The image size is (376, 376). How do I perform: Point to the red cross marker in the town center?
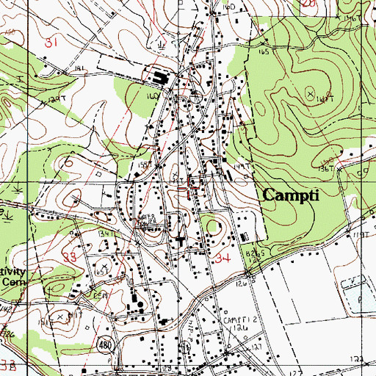(194, 185)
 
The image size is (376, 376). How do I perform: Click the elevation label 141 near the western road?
(79, 68)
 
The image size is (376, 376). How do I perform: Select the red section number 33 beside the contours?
(71, 258)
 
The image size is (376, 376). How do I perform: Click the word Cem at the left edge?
(11, 282)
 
